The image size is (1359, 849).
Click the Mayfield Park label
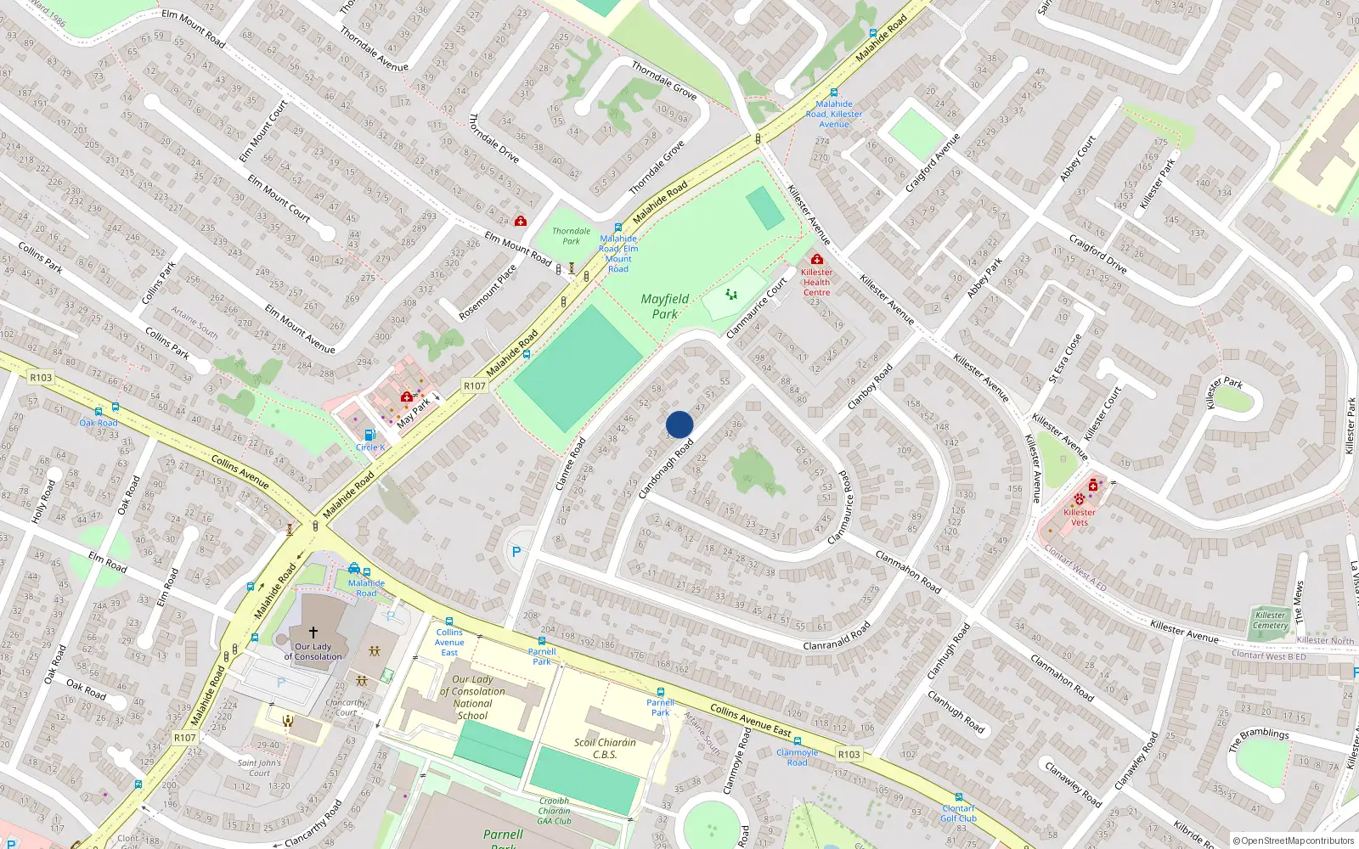(x=665, y=306)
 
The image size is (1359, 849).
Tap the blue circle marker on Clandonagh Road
(x=679, y=424)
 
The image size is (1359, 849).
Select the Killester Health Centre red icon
(x=816, y=259)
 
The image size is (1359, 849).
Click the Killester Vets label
(x=1079, y=517)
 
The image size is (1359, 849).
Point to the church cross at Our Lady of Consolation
(x=313, y=632)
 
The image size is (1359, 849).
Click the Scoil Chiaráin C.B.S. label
(x=605, y=748)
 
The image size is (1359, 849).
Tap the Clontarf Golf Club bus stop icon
(x=959, y=798)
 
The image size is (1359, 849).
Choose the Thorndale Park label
(x=571, y=236)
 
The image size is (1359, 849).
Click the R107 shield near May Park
(x=474, y=386)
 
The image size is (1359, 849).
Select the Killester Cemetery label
(x=1270, y=621)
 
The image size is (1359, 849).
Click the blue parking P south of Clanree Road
(x=516, y=552)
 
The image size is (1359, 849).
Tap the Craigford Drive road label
(x=1097, y=254)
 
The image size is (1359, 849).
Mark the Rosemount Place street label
(x=488, y=292)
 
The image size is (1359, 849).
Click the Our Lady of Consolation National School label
(x=472, y=697)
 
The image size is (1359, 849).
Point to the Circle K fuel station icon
(x=369, y=435)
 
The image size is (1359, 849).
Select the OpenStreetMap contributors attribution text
(x=1294, y=841)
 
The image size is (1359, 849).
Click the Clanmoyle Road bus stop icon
(x=798, y=741)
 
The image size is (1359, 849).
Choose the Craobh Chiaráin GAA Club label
(x=554, y=811)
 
